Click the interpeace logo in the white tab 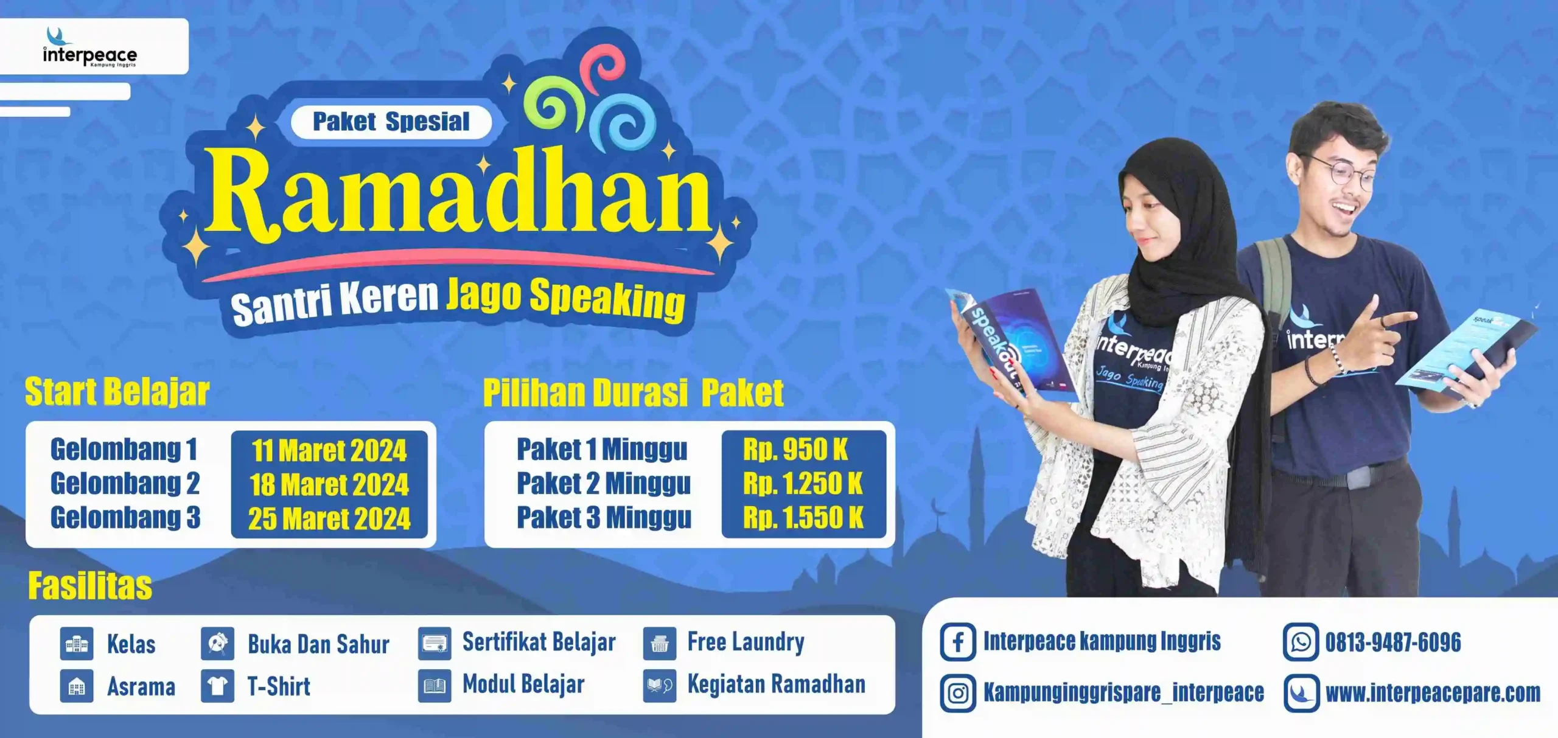point(90,47)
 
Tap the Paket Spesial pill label point(391,122)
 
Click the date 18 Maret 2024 point(329,485)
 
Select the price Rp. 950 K point(795,450)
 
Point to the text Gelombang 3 point(125,518)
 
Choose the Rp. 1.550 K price point(803,518)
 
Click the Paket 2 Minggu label point(604,484)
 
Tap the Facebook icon point(958,642)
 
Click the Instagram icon point(958,693)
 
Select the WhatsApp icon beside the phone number point(1301,642)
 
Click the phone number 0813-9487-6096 point(1393,642)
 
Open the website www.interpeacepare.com point(1433,693)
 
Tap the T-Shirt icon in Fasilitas point(217,686)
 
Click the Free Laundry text point(746,642)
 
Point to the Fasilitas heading point(90,586)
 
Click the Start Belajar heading point(117,392)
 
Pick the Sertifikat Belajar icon point(435,644)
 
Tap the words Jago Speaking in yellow point(566,298)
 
